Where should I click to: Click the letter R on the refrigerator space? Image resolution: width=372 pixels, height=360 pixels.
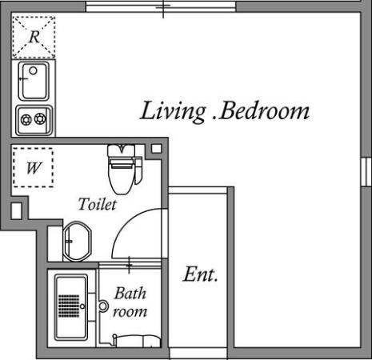tap(34, 37)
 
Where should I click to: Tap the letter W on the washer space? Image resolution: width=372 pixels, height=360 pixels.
tap(34, 168)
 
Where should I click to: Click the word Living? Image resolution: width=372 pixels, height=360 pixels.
tap(173, 111)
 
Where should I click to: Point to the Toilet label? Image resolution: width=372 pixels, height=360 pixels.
tap(98, 204)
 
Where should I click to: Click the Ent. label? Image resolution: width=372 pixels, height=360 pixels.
tap(201, 274)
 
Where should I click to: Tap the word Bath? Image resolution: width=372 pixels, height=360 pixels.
tap(130, 294)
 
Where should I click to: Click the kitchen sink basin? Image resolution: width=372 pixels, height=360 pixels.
tap(34, 81)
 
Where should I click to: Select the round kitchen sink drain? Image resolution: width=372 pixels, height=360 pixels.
tap(33, 70)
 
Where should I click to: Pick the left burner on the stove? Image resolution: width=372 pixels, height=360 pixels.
tap(26, 119)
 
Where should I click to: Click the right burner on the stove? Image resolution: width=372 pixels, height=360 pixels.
tap(40, 118)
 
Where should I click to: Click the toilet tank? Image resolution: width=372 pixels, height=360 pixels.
tap(122, 150)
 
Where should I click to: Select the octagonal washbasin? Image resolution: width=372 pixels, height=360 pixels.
tap(77, 242)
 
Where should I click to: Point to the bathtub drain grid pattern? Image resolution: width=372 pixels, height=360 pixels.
tap(69, 306)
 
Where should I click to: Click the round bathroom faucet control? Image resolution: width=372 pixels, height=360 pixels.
tap(103, 306)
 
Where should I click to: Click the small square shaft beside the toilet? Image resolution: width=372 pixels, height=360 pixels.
tap(156, 149)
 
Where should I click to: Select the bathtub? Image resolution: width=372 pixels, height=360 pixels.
tap(71, 308)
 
